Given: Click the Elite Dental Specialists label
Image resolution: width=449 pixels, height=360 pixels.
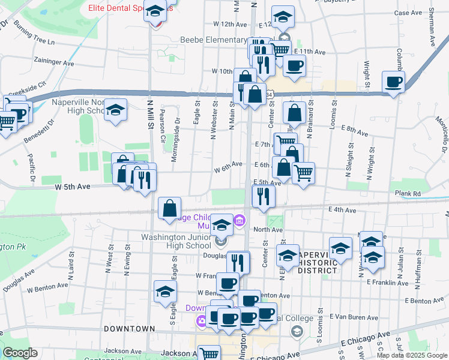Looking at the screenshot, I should coord(120,8).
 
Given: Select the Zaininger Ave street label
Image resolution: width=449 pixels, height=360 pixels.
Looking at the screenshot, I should coord(53,62).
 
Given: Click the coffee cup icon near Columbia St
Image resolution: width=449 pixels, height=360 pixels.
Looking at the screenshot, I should coord(393,82).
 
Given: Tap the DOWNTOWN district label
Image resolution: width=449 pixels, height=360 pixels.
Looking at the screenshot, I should coord(129,329).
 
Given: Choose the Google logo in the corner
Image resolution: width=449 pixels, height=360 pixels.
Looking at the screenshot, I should coord(20,353).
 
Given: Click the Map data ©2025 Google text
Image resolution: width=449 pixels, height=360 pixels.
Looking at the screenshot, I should coord(412,355).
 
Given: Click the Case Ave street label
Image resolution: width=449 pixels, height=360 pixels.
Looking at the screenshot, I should coord(409,13).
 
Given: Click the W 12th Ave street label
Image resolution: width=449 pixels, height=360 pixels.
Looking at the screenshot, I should coord(230,25).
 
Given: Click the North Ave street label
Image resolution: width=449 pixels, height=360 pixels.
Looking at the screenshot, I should coord(268,229).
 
